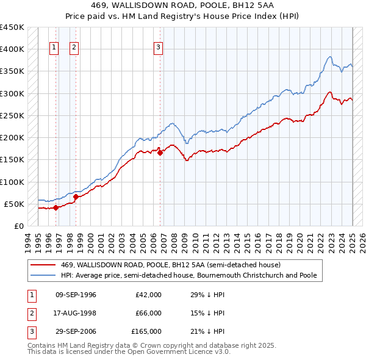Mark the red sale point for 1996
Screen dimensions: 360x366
[x=56, y=207]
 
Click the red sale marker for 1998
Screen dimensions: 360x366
[x=76, y=197]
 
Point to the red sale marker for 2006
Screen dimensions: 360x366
[x=160, y=154]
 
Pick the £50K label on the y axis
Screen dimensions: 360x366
[x=14, y=204]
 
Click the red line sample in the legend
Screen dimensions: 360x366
[x=43, y=265]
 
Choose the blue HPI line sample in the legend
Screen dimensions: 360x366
[x=43, y=275]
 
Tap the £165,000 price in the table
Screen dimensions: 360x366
[x=146, y=331]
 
